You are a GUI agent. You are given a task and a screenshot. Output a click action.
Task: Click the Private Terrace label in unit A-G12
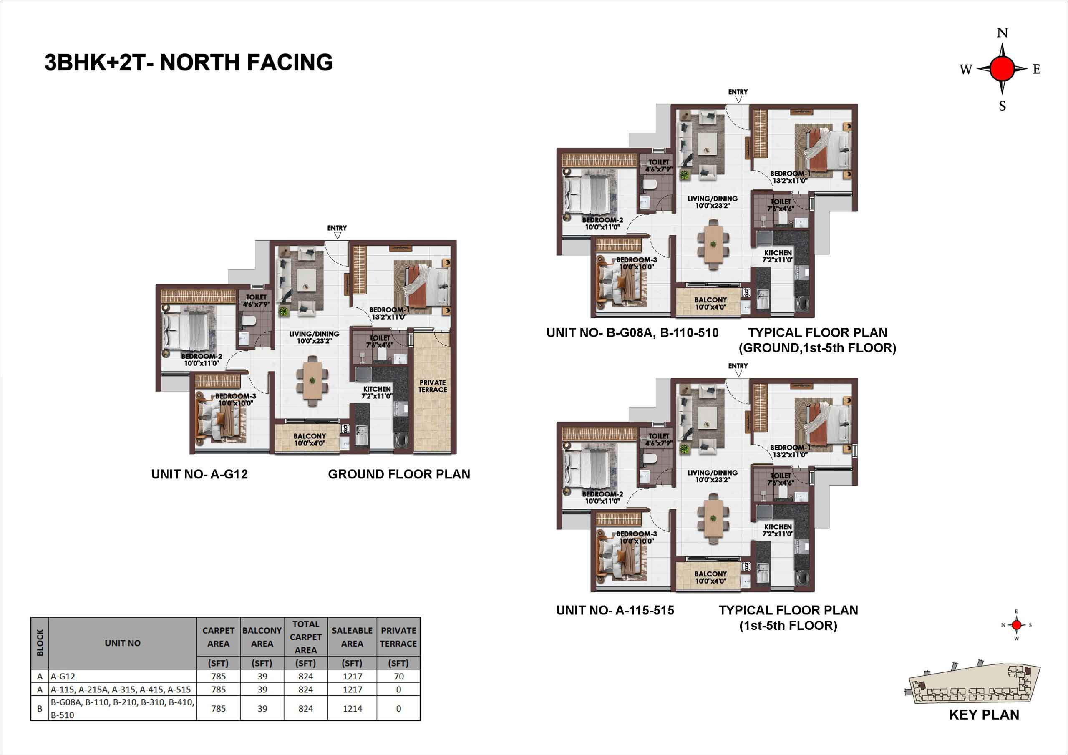(x=433, y=386)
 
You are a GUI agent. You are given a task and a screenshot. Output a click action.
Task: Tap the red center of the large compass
(x=1002, y=69)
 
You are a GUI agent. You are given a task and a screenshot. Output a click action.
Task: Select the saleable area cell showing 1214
(x=352, y=708)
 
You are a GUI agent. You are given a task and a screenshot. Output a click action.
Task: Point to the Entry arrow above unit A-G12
(x=338, y=235)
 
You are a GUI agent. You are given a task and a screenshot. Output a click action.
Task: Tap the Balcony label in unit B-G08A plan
(x=710, y=303)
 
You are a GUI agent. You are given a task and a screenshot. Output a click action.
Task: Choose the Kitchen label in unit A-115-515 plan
(x=778, y=530)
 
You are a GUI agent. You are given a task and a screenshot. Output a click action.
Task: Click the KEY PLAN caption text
(x=984, y=715)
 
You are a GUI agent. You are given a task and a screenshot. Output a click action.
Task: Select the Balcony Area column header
(x=262, y=637)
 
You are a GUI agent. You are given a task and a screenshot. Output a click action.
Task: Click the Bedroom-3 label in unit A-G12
(x=235, y=400)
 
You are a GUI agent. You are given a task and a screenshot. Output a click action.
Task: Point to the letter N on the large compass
(x=1003, y=33)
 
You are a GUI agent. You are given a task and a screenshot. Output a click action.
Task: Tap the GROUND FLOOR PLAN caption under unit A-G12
(x=399, y=474)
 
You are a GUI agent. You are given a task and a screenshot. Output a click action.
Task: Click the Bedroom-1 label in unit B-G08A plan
(x=790, y=177)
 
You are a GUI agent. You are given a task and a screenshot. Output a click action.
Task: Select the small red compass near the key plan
(x=1016, y=625)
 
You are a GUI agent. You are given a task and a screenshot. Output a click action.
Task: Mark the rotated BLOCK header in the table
(x=40, y=643)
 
